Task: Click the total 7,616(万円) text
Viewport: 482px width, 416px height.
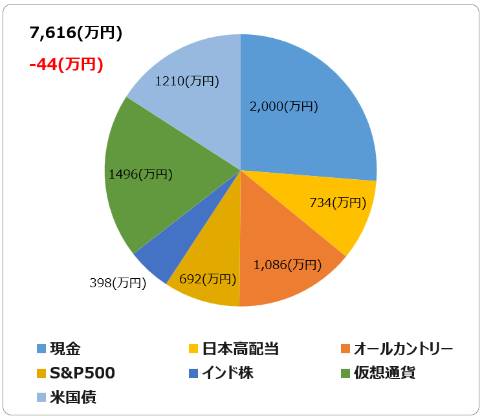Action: pyautogui.click(x=76, y=32)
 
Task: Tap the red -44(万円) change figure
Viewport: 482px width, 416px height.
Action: pyautogui.click(x=66, y=65)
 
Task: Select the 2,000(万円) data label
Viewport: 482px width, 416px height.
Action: pyautogui.click(x=284, y=106)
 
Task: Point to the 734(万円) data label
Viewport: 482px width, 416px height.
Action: pyautogui.click(x=338, y=203)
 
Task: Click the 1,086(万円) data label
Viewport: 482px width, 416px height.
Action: pyautogui.click(x=287, y=265)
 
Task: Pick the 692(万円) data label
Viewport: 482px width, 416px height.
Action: pyautogui.click(x=208, y=279)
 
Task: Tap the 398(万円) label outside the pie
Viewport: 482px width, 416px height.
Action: pyautogui.click(x=118, y=283)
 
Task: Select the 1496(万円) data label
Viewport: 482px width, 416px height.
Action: pyautogui.click(x=140, y=174)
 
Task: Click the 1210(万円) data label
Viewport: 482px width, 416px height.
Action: pyautogui.click(x=187, y=81)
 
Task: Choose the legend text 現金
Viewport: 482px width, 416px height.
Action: pyautogui.click(x=65, y=349)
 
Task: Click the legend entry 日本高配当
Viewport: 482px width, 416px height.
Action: pyautogui.click(x=241, y=349)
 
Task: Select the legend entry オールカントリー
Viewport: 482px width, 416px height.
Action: pyautogui.click(x=403, y=349)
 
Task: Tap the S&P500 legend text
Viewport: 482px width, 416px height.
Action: pyautogui.click(x=82, y=373)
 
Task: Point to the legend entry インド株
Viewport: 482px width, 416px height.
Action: pyautogui.click(x=228, y=373)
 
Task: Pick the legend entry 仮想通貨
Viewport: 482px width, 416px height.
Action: pyautogui.click(x=384, y=373)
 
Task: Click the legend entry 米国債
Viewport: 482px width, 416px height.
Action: pyautogui.click(x=73, y=397)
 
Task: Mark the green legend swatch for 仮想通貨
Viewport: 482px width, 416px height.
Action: pyautogui.click(x=345, y=373)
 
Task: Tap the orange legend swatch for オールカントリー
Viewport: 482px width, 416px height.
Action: pyautogui.click(x=345, y=349)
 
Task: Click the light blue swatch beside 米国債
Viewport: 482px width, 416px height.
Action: pyautogui.click(x=41, y=397)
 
